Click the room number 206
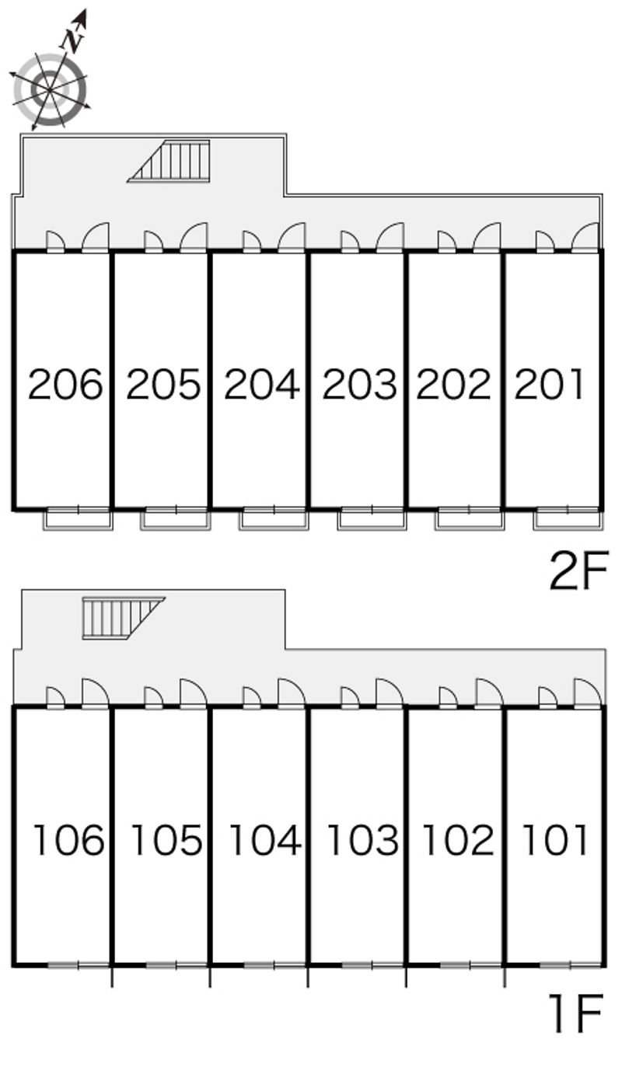pos(65,384)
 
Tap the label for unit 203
pos(360,384)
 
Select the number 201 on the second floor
pos(549,384)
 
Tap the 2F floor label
pos(579,570)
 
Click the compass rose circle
pos(50,90)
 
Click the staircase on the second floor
pos(169,161)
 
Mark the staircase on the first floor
pos(124,619)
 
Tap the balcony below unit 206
pos(79,519)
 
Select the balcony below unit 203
pos(372,519)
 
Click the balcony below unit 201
pos(568,519)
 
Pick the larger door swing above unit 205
pos(194,236)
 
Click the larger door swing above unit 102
pos(489,693)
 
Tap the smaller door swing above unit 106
pos(55,697)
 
